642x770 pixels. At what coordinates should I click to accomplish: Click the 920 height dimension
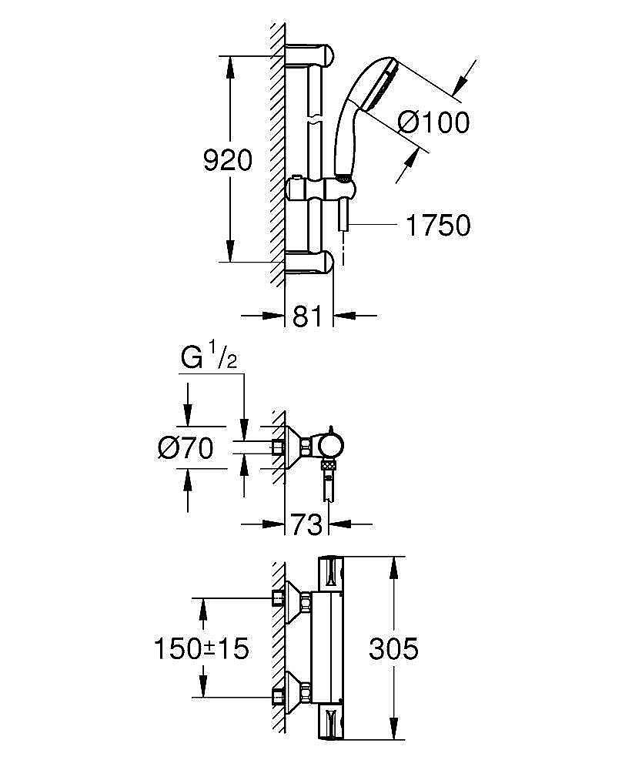(228, 160)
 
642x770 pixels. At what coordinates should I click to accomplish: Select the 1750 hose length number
(438, 226)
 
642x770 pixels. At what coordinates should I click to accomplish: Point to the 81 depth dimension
(308, 316)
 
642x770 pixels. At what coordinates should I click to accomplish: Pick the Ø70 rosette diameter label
(186, 448)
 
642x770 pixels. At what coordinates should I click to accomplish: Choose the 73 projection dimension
(306, 524)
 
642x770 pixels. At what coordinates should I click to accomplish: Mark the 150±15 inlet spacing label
(202, 648)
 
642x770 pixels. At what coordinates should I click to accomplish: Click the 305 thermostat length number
(393, 648)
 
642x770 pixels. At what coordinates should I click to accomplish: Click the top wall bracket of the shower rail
(309, 55)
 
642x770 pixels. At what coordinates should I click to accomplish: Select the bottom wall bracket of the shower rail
(309, 261)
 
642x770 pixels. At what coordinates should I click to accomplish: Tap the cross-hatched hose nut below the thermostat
(329, 464)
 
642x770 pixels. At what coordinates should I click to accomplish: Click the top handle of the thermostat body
(331, 574)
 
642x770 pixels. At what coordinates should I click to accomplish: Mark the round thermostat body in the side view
(331, 444)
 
